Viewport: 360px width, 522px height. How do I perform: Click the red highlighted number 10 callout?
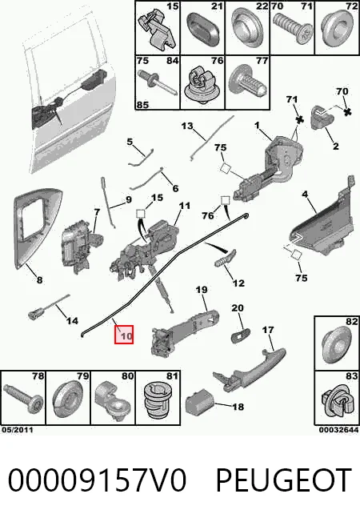pos(124,335)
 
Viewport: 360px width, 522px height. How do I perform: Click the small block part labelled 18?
pos(200,404)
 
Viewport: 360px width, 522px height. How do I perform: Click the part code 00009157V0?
pos(97,480)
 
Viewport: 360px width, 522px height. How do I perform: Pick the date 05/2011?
pos(18,430)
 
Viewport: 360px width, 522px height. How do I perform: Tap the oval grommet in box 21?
pos(202,30)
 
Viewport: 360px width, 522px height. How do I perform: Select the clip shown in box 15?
pos(156,30)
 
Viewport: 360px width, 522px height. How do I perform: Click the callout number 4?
pos(305,194)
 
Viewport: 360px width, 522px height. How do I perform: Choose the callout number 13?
pos(187,126)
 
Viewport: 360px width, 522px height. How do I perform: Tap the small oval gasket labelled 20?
pos(241,335)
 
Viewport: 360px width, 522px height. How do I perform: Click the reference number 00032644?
pos(338,430)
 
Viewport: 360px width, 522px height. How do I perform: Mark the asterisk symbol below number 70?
pos(347,112)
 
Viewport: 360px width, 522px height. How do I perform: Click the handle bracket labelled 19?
pos(185,330)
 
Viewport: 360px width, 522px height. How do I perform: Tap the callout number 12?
pos(238,283)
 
